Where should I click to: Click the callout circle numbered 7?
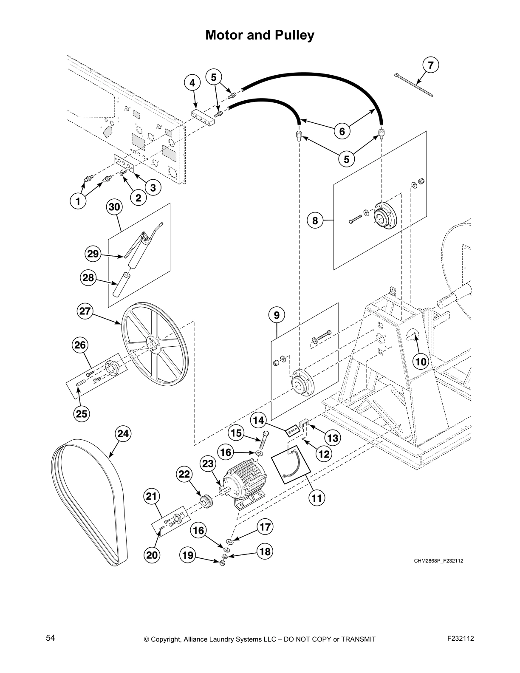431,65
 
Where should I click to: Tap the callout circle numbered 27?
85,311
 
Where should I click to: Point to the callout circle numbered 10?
421,362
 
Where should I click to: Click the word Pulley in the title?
293,35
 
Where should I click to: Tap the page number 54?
51,638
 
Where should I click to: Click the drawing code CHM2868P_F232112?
438,561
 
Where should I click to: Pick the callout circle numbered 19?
188,555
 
